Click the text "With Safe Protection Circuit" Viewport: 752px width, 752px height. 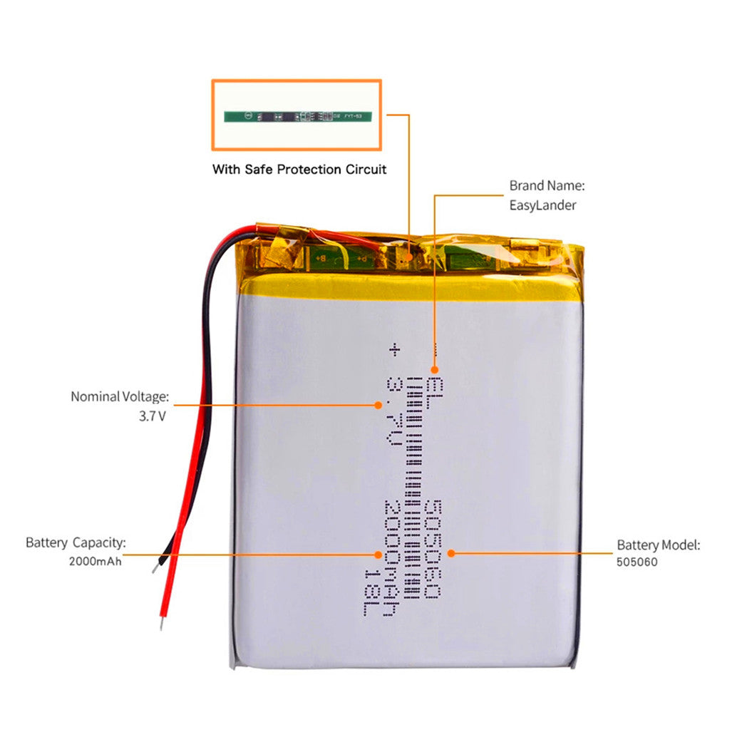click(299, 170)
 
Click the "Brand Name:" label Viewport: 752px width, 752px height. click(547, 185)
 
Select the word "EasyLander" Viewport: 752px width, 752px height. click(542, 205)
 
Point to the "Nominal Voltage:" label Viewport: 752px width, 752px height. click(120, 396)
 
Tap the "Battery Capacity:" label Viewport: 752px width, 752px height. click(76, 542)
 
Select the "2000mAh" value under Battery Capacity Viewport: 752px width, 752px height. click(96, 561)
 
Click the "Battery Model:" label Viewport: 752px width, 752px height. click(659, 545)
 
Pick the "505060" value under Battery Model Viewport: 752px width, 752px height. click(637, 562)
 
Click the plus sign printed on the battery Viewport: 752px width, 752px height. click(393, 350)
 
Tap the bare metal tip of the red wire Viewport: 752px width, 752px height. click(163, 623)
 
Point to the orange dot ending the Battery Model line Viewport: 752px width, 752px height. click(450, 552)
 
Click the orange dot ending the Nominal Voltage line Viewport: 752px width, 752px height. click(378, 405)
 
